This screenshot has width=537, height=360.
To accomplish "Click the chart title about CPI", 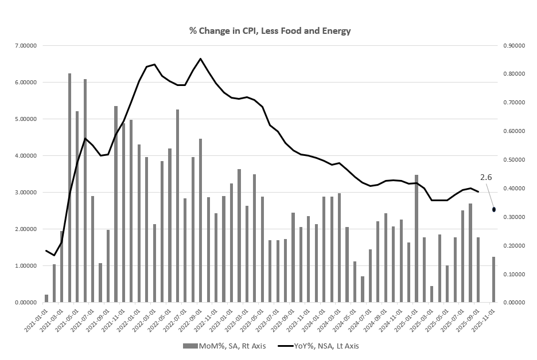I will tap(270, 31).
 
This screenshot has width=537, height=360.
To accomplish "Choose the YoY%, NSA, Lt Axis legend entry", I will tap(318, 346).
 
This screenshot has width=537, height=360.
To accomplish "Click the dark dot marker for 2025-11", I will tap(494, 210).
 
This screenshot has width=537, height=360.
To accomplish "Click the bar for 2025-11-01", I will tap(493, 279).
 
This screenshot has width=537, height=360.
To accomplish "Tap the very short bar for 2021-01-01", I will tap(46, 298).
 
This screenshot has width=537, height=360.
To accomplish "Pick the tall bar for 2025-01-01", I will tap(417, 238).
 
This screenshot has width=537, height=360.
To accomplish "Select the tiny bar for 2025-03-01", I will tap(432, 294).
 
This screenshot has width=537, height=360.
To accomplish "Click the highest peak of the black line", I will tap(200, 58).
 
